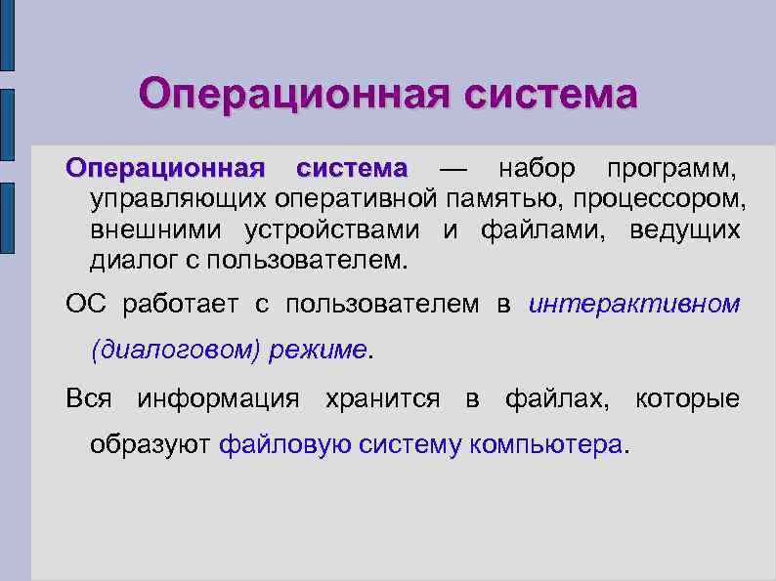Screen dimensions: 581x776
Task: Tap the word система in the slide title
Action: pos(549,95)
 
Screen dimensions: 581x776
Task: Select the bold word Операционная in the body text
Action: pos(164,169)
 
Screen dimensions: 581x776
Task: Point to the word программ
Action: pos(668,169)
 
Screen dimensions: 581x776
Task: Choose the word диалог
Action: pos(130,261)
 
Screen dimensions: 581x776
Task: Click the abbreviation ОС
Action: pos(83,305)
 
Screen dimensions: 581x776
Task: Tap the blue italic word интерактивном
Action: pos(633,305)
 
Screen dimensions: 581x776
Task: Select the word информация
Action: pos(218,398)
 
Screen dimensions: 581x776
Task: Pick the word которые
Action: pos(687,398)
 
